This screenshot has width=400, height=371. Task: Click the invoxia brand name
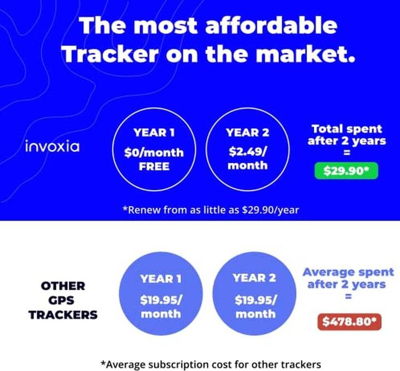[x=52, y=147]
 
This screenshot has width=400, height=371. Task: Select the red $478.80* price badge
[x=349, y=322]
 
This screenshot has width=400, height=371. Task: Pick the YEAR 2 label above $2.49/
[x=248, y=133]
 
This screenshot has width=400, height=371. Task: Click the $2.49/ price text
[x=248, y=151]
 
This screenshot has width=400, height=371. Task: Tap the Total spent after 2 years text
[x=347, y=134]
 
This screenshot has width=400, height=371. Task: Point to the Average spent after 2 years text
[x=348, y=278]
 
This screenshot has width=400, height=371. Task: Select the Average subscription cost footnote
[x=211, y=364]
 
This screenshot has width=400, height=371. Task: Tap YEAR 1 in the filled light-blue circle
[x=161, y=279]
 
